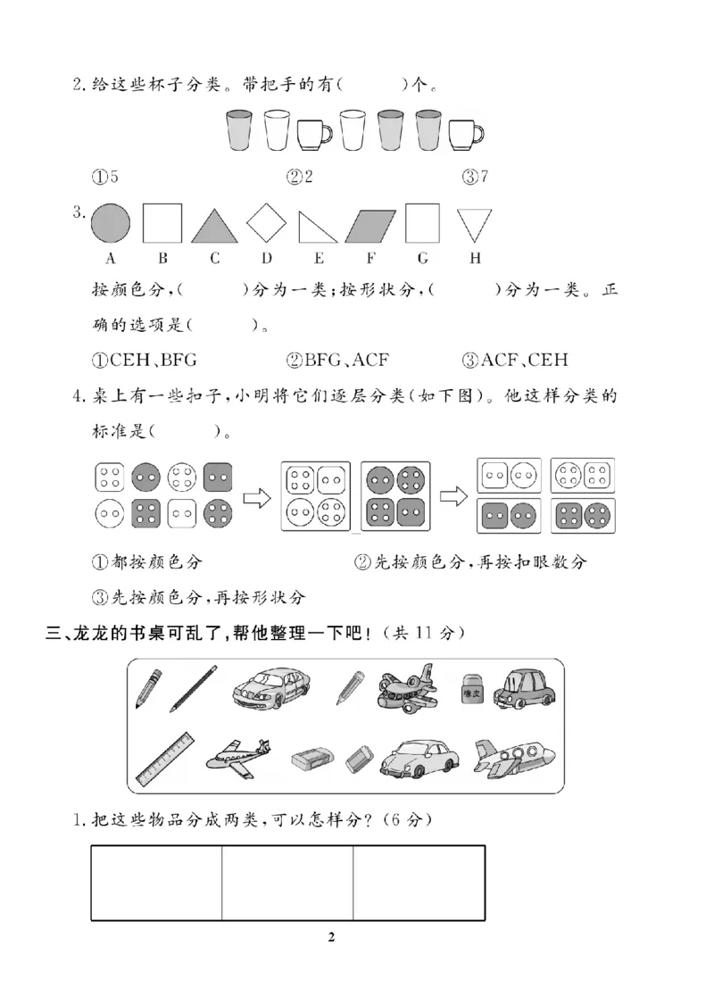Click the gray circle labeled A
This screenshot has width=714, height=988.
(111, 222)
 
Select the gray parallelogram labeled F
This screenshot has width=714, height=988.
(369, 225)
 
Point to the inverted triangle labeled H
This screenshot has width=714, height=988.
(474, 224)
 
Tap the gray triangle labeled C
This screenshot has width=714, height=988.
(214, 226)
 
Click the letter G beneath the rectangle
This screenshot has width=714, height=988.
(422, 259)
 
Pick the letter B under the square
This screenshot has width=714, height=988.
(163, 259)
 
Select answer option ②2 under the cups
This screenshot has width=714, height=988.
(299, 177)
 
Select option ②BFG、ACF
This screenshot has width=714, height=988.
(338, 361)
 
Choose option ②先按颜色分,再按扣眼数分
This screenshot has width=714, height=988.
(471, 562)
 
